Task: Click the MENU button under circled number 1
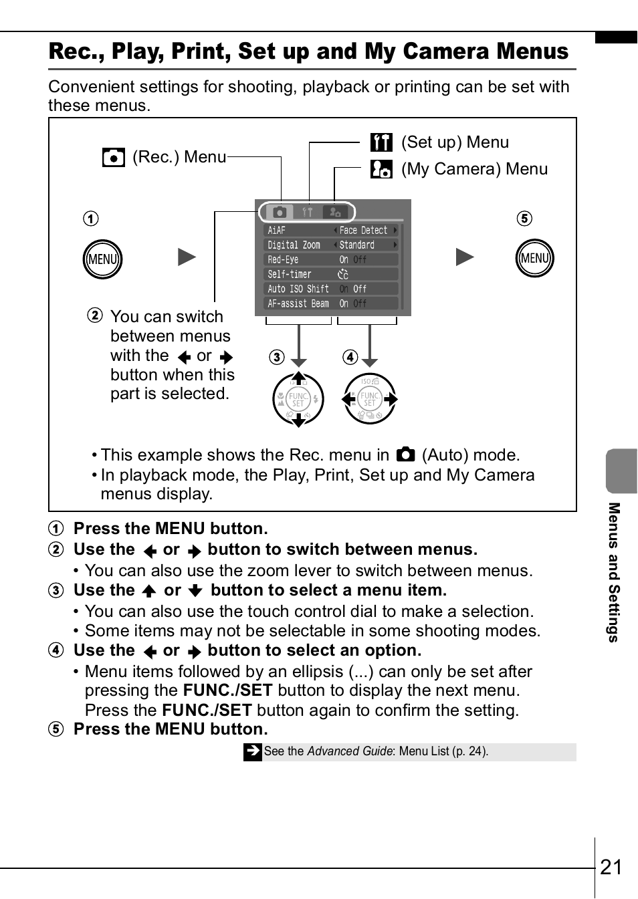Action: [x=102, y=259]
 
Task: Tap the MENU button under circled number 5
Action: [x=535, y=259]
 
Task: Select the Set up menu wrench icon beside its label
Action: [x=381, y=142]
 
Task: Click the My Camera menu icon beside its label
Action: [x=381, y=169]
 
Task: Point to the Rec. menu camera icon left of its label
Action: [x=114, y=157]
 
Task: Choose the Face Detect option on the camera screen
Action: [x=363, y=231]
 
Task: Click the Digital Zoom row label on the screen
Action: [x=294, y=245]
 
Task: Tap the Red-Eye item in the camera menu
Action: [x=283, y=260]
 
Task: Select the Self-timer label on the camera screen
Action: [x=289, y=275]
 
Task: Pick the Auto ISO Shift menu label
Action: [x=298, y=289]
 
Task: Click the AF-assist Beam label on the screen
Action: [x=298, y=304]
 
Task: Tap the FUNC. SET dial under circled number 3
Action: [x=298, y=400]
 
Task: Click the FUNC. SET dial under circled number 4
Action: [x=370, y=399]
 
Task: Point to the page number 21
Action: [x=611, y=867]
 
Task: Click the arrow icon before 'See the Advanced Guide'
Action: [x=252, y=751]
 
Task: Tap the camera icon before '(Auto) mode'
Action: [x=405, y=455]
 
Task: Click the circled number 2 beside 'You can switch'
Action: [x=95, y=315]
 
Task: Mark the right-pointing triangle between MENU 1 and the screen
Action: [x=187, y=257]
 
